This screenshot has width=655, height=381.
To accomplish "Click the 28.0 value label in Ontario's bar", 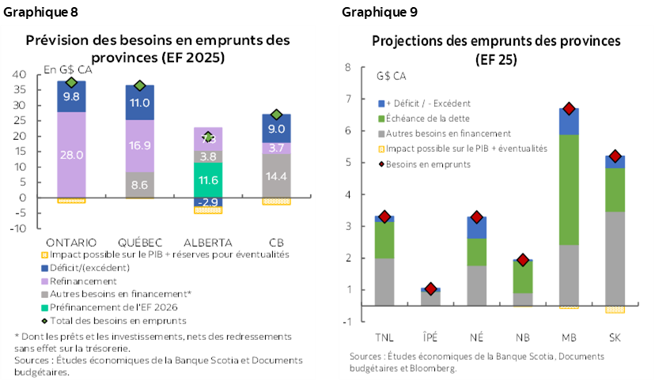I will pos(71,156).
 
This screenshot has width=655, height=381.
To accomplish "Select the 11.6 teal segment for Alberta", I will pos(207,181).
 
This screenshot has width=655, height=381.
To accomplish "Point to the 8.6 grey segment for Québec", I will pos(139,184).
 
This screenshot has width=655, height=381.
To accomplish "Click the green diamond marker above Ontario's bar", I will pos(71,82).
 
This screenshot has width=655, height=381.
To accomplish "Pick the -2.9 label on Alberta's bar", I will pos(207,202).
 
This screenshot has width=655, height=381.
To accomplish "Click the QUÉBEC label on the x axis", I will pos(140,242).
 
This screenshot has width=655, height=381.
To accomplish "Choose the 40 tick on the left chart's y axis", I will pos(20,74).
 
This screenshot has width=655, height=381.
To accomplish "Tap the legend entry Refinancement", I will pos(82,281).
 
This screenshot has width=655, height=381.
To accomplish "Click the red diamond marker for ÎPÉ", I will pos(431,289).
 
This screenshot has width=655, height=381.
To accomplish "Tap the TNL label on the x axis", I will pos(384,338).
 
